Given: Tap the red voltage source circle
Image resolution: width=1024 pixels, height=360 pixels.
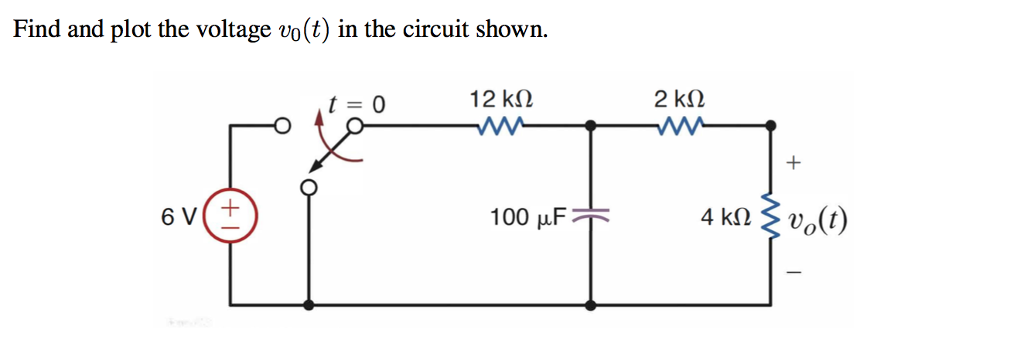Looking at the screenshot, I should (x=230, y=216).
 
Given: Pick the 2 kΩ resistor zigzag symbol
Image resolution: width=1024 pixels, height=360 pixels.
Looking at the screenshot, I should (x=679, y=126).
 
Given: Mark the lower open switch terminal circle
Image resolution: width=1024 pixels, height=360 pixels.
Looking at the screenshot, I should (x=310, y=187).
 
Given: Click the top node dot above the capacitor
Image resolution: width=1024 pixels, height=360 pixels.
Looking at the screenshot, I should (x=592, y=126).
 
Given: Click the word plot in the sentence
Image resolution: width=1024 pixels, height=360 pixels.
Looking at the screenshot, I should (x=132, y=29).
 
